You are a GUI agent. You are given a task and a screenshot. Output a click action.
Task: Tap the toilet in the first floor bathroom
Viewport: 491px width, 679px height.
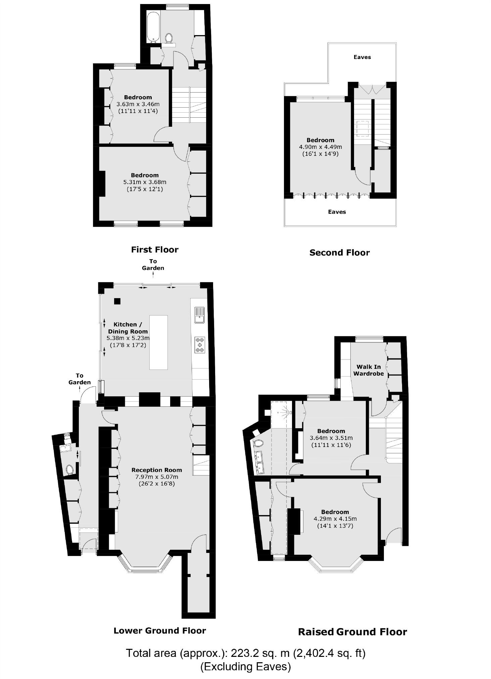[x=169, y=38]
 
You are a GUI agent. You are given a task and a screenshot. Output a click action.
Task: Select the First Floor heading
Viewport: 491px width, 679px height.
[x=155, y=249]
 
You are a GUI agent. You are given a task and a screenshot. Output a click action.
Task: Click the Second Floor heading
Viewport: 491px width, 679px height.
[x=339, y=252]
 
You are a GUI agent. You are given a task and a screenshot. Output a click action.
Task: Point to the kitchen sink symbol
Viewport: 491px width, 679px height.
[x=199, y=315]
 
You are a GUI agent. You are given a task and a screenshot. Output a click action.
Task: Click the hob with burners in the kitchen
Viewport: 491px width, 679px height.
[x=200, y=345]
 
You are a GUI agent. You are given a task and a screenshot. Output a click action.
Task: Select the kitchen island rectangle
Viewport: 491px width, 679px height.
[x=158, y=342]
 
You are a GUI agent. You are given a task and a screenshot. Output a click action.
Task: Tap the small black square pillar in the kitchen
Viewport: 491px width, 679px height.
[x=117, y=301]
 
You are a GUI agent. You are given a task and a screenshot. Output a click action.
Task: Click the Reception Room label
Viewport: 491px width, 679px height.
[x=156, y=470]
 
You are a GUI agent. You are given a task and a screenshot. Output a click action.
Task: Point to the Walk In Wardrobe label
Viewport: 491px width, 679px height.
[x=369, y=370]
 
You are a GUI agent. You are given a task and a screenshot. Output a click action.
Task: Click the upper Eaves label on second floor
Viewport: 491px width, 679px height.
[x=362, y=57]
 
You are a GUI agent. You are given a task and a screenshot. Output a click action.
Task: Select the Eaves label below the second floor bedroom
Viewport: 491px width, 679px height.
[x=337, y=212]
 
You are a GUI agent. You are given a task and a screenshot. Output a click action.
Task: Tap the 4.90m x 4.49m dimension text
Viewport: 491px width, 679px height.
[x=320, y=147]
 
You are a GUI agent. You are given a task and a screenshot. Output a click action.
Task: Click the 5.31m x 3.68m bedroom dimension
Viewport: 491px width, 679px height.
[x=145, y=182]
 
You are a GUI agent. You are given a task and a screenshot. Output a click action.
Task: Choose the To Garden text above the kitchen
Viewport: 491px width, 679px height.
[x=153, y=265]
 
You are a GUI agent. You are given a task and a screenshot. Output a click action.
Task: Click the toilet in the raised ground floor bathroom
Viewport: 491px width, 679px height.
[x=258, y=443]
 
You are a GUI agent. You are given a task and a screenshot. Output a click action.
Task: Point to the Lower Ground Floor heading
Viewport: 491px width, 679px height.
[x=160, y=630]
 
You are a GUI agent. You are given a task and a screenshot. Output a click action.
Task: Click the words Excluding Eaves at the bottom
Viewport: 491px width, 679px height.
[x=245, y=667]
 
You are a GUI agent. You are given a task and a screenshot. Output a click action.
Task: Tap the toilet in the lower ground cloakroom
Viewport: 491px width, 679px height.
[x=70, y=470]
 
